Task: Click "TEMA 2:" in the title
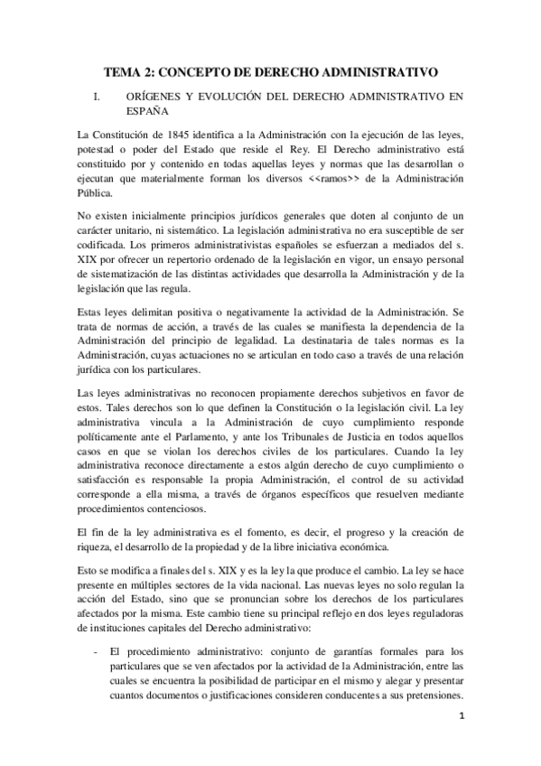(126, 70)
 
